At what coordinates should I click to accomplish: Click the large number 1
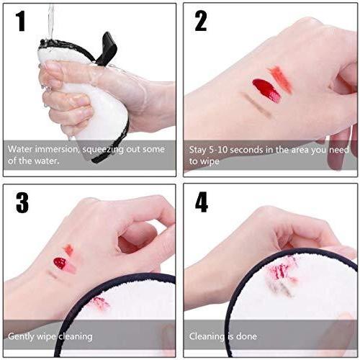click(x=21, y=22)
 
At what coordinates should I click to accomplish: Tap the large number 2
click(x=201, y=22)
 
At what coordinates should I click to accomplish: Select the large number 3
click(x=22, y=202)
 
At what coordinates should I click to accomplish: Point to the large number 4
click(x=202, y=202)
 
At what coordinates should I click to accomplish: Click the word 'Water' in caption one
click(x=21, y=150)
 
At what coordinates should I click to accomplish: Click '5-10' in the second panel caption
click(x=220, y=150)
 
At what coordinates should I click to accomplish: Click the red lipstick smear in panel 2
click(x=266, y=90)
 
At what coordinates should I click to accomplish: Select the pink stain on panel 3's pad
click(x=99, y=303)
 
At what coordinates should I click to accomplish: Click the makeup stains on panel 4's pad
click(x=279, y=274)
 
